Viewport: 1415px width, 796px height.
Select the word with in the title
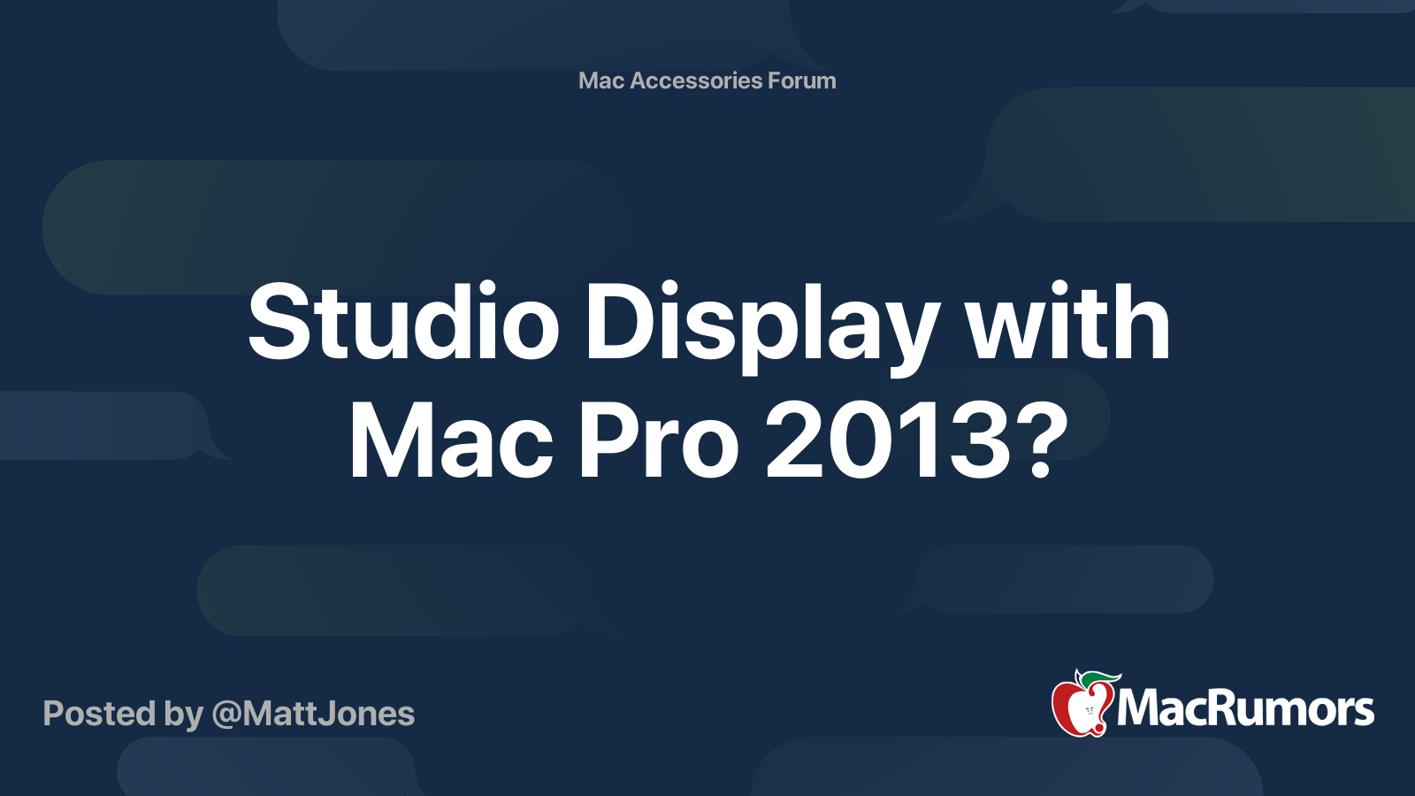tap(1067, 322)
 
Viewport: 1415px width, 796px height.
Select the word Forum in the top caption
tap(801, 80)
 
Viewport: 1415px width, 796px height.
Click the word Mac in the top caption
tap(601, 80)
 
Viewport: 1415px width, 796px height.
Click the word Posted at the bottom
tap(100, 714)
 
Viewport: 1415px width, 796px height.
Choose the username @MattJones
tap(313, 714)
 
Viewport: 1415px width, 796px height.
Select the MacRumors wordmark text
tap(1245, 710)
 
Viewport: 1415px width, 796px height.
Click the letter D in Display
tap(623, 322)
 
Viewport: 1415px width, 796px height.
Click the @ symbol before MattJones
tap(226, 716)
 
